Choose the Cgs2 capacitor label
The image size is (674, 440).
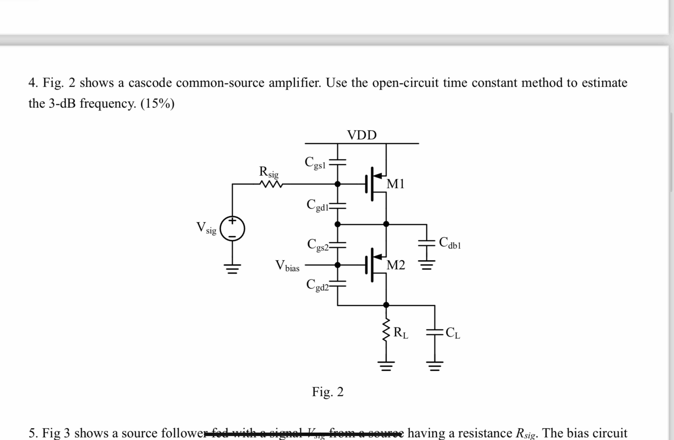(318, 245)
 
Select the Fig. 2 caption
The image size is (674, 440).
(328, 392)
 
